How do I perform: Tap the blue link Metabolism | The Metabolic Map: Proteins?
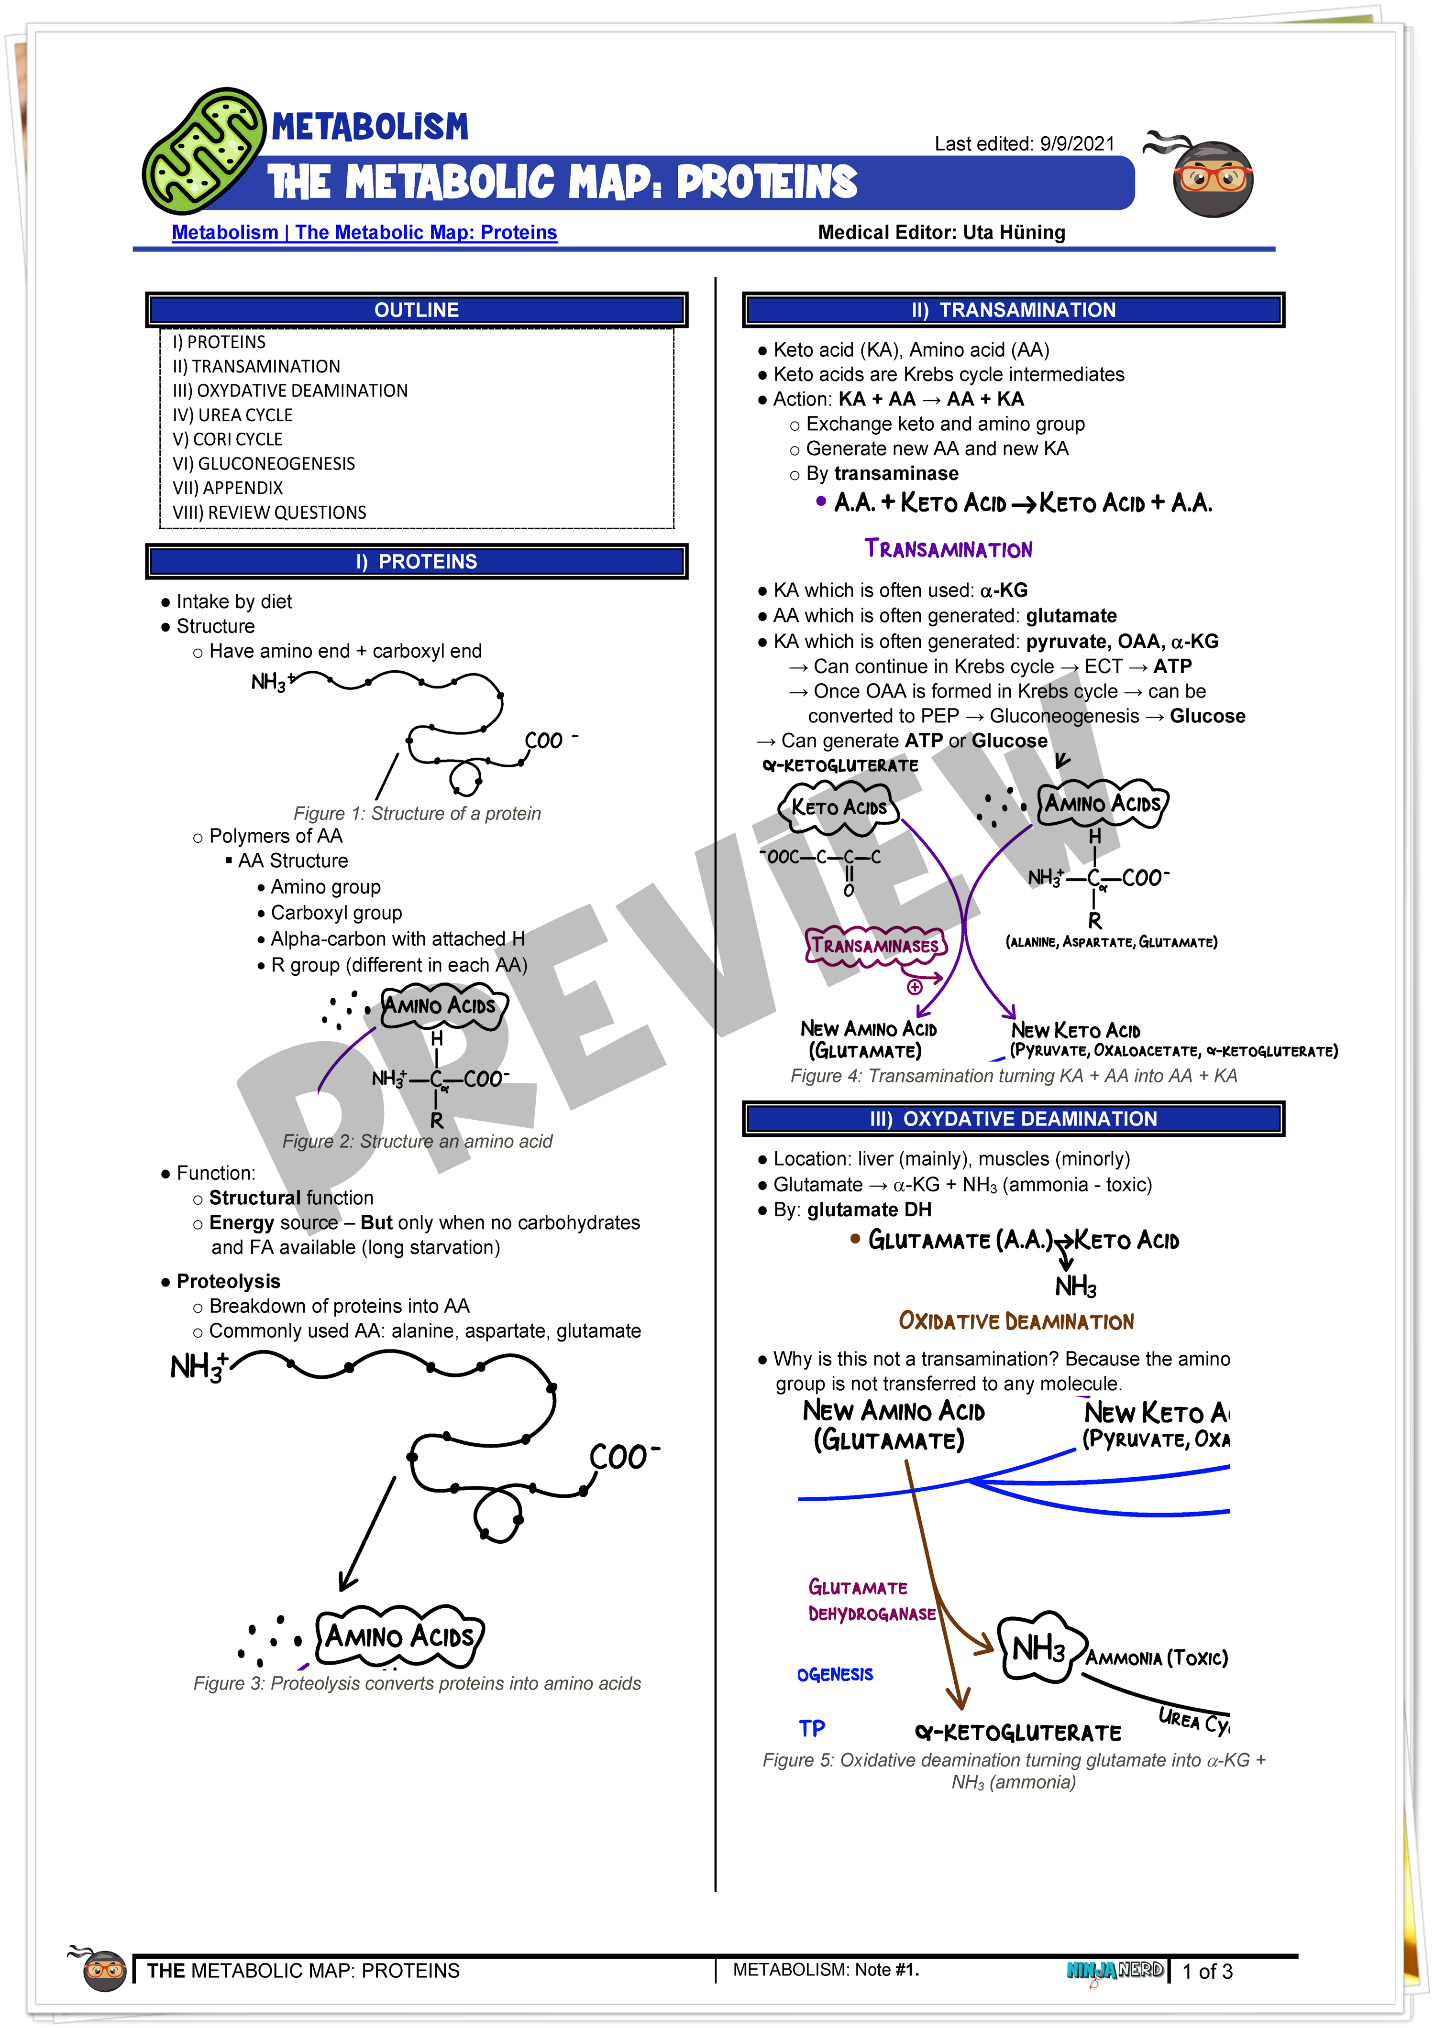[364, 232]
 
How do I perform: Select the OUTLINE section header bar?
[416, 310]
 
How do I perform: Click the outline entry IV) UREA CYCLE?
[232, 415]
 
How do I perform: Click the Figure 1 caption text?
[417, 814]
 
